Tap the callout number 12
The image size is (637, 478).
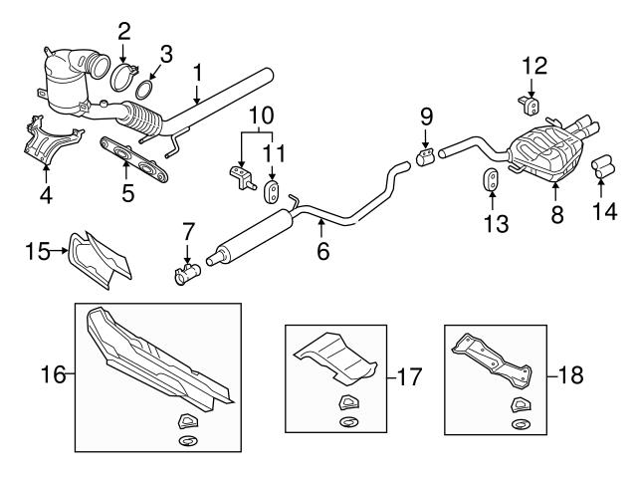pos(534,66)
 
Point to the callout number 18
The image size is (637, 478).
pos(569,376)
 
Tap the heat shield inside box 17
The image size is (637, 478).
pos(333,358)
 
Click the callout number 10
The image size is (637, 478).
pos(259,115)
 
